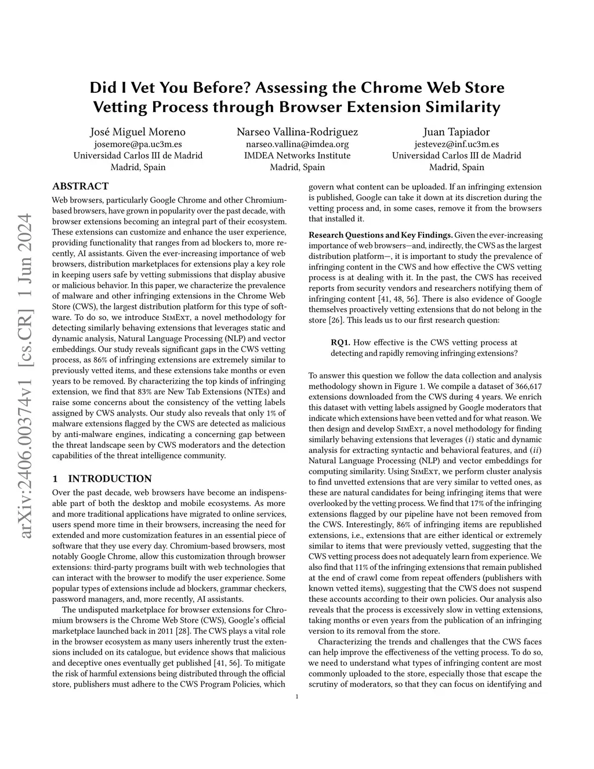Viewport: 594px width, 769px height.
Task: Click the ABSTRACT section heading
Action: [80, 186]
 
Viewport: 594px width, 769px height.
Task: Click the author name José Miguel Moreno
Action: [137, 132]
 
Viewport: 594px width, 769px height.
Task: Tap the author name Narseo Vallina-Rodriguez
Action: [297, 132]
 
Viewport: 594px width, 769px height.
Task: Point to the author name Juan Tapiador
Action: [456, 132]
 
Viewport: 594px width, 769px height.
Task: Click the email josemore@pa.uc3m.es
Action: [137, 144]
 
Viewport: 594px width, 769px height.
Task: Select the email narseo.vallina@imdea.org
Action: [297, 144]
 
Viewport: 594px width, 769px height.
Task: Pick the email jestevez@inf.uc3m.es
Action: [456, 144]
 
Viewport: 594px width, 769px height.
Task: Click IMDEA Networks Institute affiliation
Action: [297, 156]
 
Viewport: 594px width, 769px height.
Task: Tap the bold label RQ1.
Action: [341, 342]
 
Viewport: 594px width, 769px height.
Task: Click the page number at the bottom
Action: [297, 697]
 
